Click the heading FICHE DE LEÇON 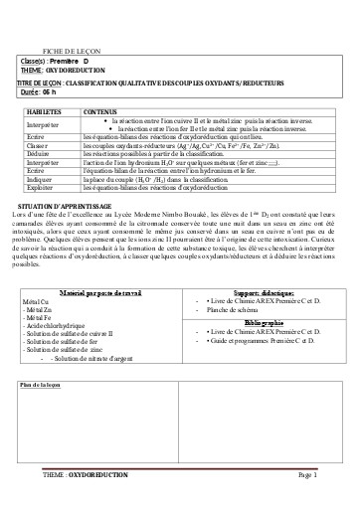pyautogui.click(x=65, y=49)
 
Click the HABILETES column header pyautogui.click(x=44, y=113)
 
